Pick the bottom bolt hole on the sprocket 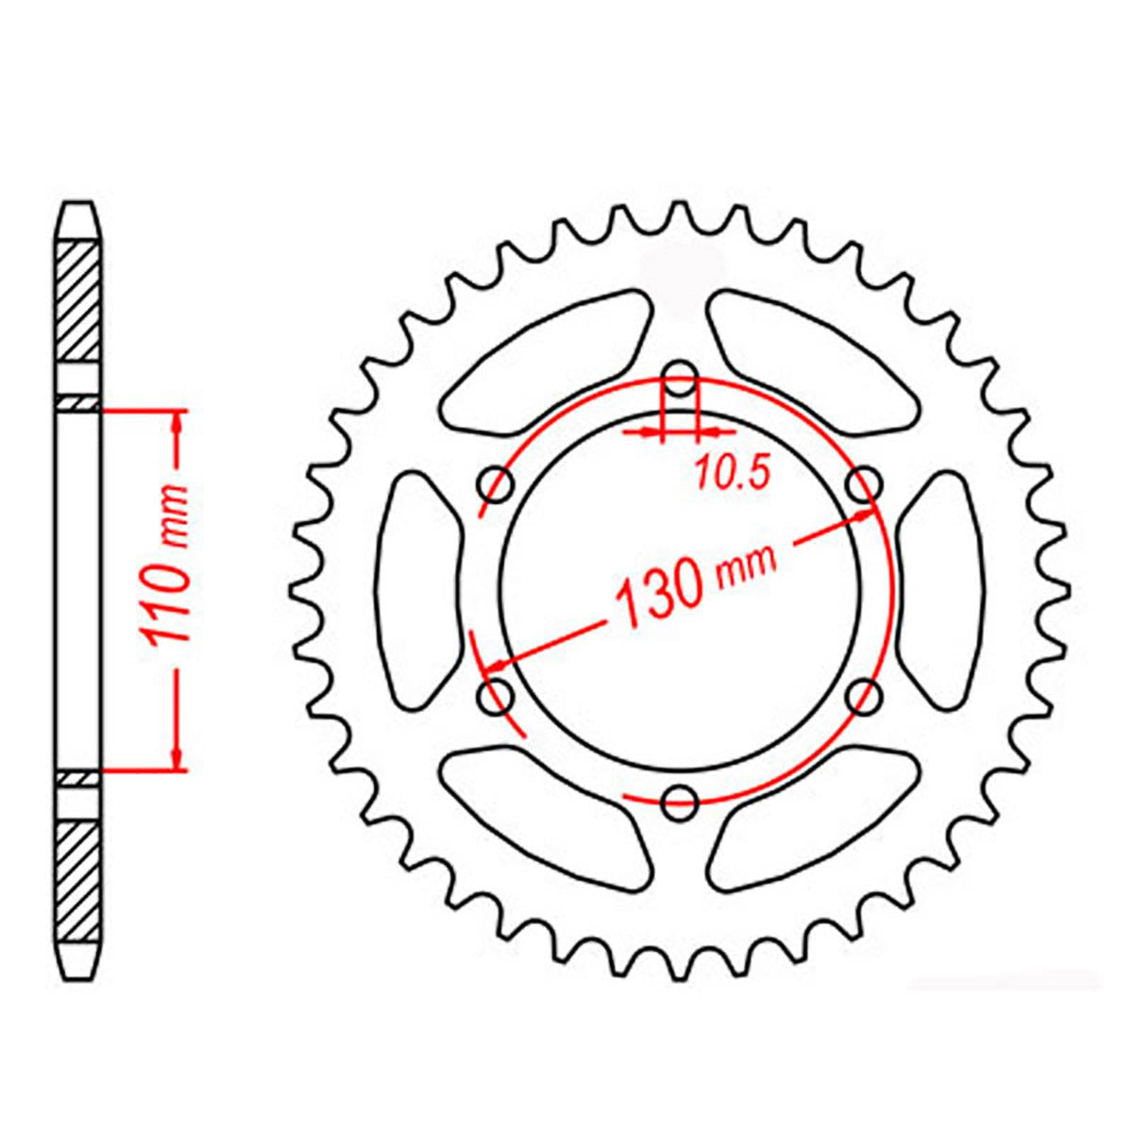(680, 803)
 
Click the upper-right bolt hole (863, 485)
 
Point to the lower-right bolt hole (863, 698)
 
